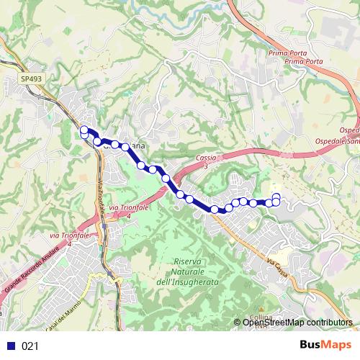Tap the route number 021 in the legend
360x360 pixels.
click(x=30, y=346)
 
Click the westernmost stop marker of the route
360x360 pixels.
click(x=84, y=130)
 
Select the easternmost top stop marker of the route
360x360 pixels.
click(x=276, y=196)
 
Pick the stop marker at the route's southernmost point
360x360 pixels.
click(x=214, y=210)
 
